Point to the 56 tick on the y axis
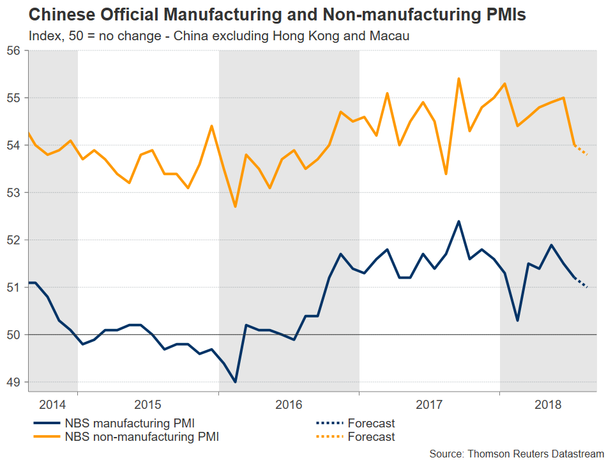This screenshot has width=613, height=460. (x=14, y=50)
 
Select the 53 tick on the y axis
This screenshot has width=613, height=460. (x=14, y=193)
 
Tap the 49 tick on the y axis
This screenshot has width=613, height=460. (x=14, y=382)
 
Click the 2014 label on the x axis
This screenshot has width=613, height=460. (x=52, y=404)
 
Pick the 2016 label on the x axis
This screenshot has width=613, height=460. (x=289, y=404)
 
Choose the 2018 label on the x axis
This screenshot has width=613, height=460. (x=547, y=404)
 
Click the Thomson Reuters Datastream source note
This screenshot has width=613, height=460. (x=516, y=453)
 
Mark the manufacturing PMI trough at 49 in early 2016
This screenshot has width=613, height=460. (x=235, y=382)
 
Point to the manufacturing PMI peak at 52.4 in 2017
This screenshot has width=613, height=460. (x=458, y=221)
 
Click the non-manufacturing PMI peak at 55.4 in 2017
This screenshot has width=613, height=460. (x=458, y=79)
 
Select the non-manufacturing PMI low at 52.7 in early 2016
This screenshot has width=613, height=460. (x=235, y=206)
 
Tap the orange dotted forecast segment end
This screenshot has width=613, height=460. (x=587, y=155)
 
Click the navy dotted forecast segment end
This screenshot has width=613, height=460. (x=587, y=287)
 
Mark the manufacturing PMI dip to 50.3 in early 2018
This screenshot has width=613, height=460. (x=517, y=321)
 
